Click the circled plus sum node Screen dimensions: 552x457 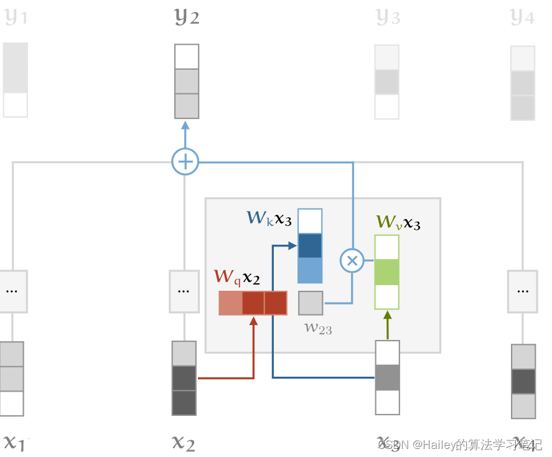[185, 162]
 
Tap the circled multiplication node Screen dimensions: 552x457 [352, 260]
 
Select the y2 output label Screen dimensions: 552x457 [187, 17]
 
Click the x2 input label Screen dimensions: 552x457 [183, 443]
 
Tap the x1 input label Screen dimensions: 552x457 [14, 443]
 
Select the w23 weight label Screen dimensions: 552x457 [317, 328]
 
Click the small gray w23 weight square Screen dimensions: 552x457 [311, 303]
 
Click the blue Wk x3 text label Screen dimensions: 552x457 [269, 218]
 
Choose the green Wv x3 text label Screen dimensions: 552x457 [398, 222]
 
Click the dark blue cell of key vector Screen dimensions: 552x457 [310, 246]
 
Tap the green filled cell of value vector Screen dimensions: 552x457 [386, 272]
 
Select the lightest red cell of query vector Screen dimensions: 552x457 [230, 303]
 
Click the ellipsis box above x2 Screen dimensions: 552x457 [183, 291]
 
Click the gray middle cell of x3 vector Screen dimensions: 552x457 [387, 377]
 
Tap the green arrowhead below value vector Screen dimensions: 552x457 [386, 315]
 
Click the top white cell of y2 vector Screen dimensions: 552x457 [187, 57]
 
